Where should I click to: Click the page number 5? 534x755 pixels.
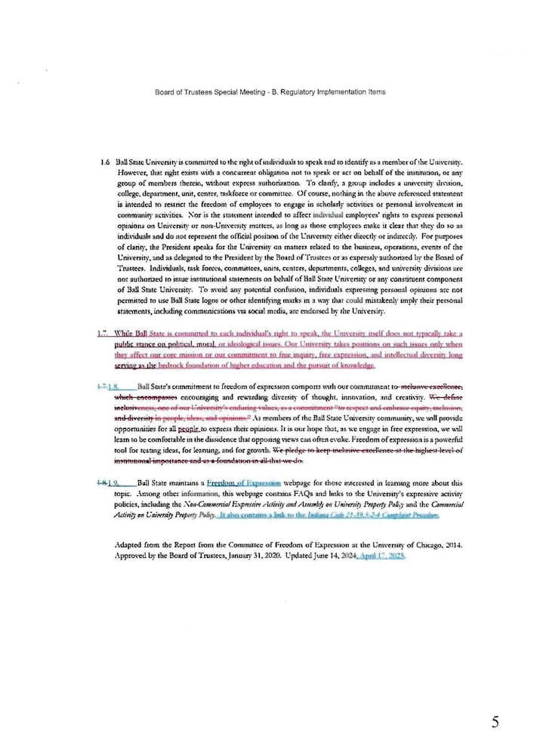tap(495, 723)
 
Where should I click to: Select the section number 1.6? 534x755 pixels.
tap(105, 162)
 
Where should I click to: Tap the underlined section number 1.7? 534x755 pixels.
tap(103, 333)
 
